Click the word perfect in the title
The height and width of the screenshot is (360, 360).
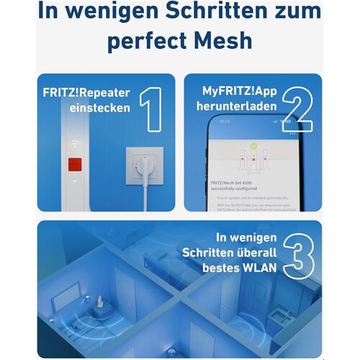point(147,41)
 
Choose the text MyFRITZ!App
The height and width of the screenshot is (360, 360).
point(239,94)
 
